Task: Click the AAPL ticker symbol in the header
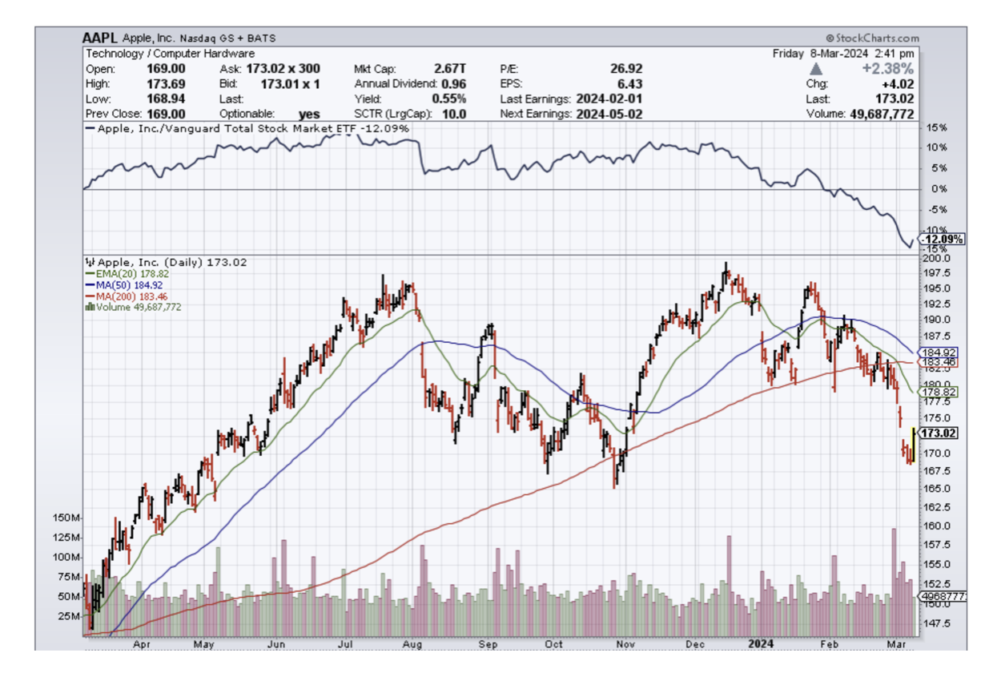coord(100,38)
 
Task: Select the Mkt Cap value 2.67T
coord(451,69)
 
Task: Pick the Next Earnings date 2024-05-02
coord(609,114)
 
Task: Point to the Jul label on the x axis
coord(348,643)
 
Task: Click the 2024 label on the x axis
coord(761,643)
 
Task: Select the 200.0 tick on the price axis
coord(935,259)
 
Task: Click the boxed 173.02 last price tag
coord(942,433)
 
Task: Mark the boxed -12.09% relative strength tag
coord(943,240)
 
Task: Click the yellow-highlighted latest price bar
coord(914,445)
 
